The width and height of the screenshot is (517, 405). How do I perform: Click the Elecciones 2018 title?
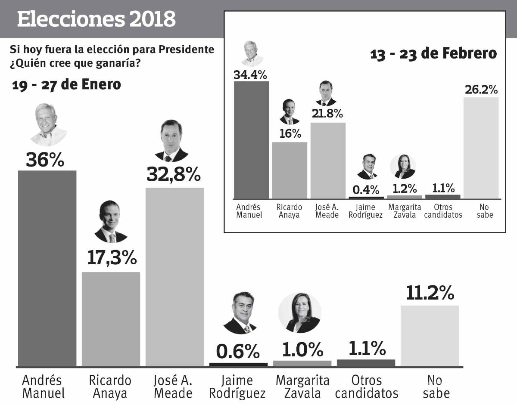coord(97,19)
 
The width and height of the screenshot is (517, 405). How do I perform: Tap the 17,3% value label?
coord(112,258)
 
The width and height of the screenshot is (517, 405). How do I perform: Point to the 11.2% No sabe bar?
coord(430,336)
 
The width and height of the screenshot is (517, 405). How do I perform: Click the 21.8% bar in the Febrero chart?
coord(327,160)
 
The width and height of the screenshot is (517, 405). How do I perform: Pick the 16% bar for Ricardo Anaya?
coord(290,170)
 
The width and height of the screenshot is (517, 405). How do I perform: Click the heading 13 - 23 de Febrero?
coord(433,54)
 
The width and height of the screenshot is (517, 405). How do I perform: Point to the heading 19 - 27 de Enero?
coord(66,85)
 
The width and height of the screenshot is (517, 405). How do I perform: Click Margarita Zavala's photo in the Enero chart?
coord(299,313)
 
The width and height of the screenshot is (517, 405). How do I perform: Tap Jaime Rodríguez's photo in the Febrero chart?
coord(367,167)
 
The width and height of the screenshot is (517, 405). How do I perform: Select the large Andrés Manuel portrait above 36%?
coord(48,124)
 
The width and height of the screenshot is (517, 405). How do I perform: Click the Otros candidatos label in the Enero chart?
coord(366,386)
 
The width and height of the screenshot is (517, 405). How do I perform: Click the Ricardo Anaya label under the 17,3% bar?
coord(110,386)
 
